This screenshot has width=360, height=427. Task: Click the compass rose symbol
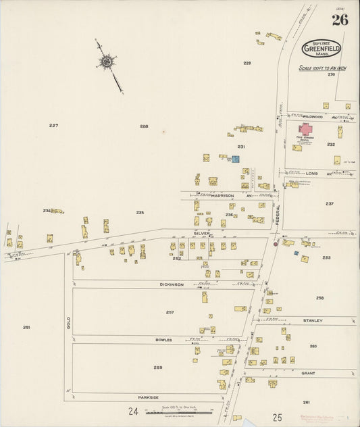[x=106, y=63]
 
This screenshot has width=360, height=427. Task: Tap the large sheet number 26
[x=340, y=20]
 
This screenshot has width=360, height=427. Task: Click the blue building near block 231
[x=235, y=159]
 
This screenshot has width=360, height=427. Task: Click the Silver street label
[x=202, y=233]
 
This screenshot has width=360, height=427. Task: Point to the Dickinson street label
[x=172, y=284]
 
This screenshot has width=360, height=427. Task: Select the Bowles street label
[x=164, y=340]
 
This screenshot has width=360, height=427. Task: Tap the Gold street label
[x=68, y=325]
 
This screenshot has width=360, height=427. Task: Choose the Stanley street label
[x=313, y=320]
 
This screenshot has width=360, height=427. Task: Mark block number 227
[x=54, y=126]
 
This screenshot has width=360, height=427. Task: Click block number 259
[x=157, y=368]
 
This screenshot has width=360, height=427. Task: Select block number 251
[x=26, y=327]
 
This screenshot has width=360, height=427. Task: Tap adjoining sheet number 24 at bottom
[x=133, y=411]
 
